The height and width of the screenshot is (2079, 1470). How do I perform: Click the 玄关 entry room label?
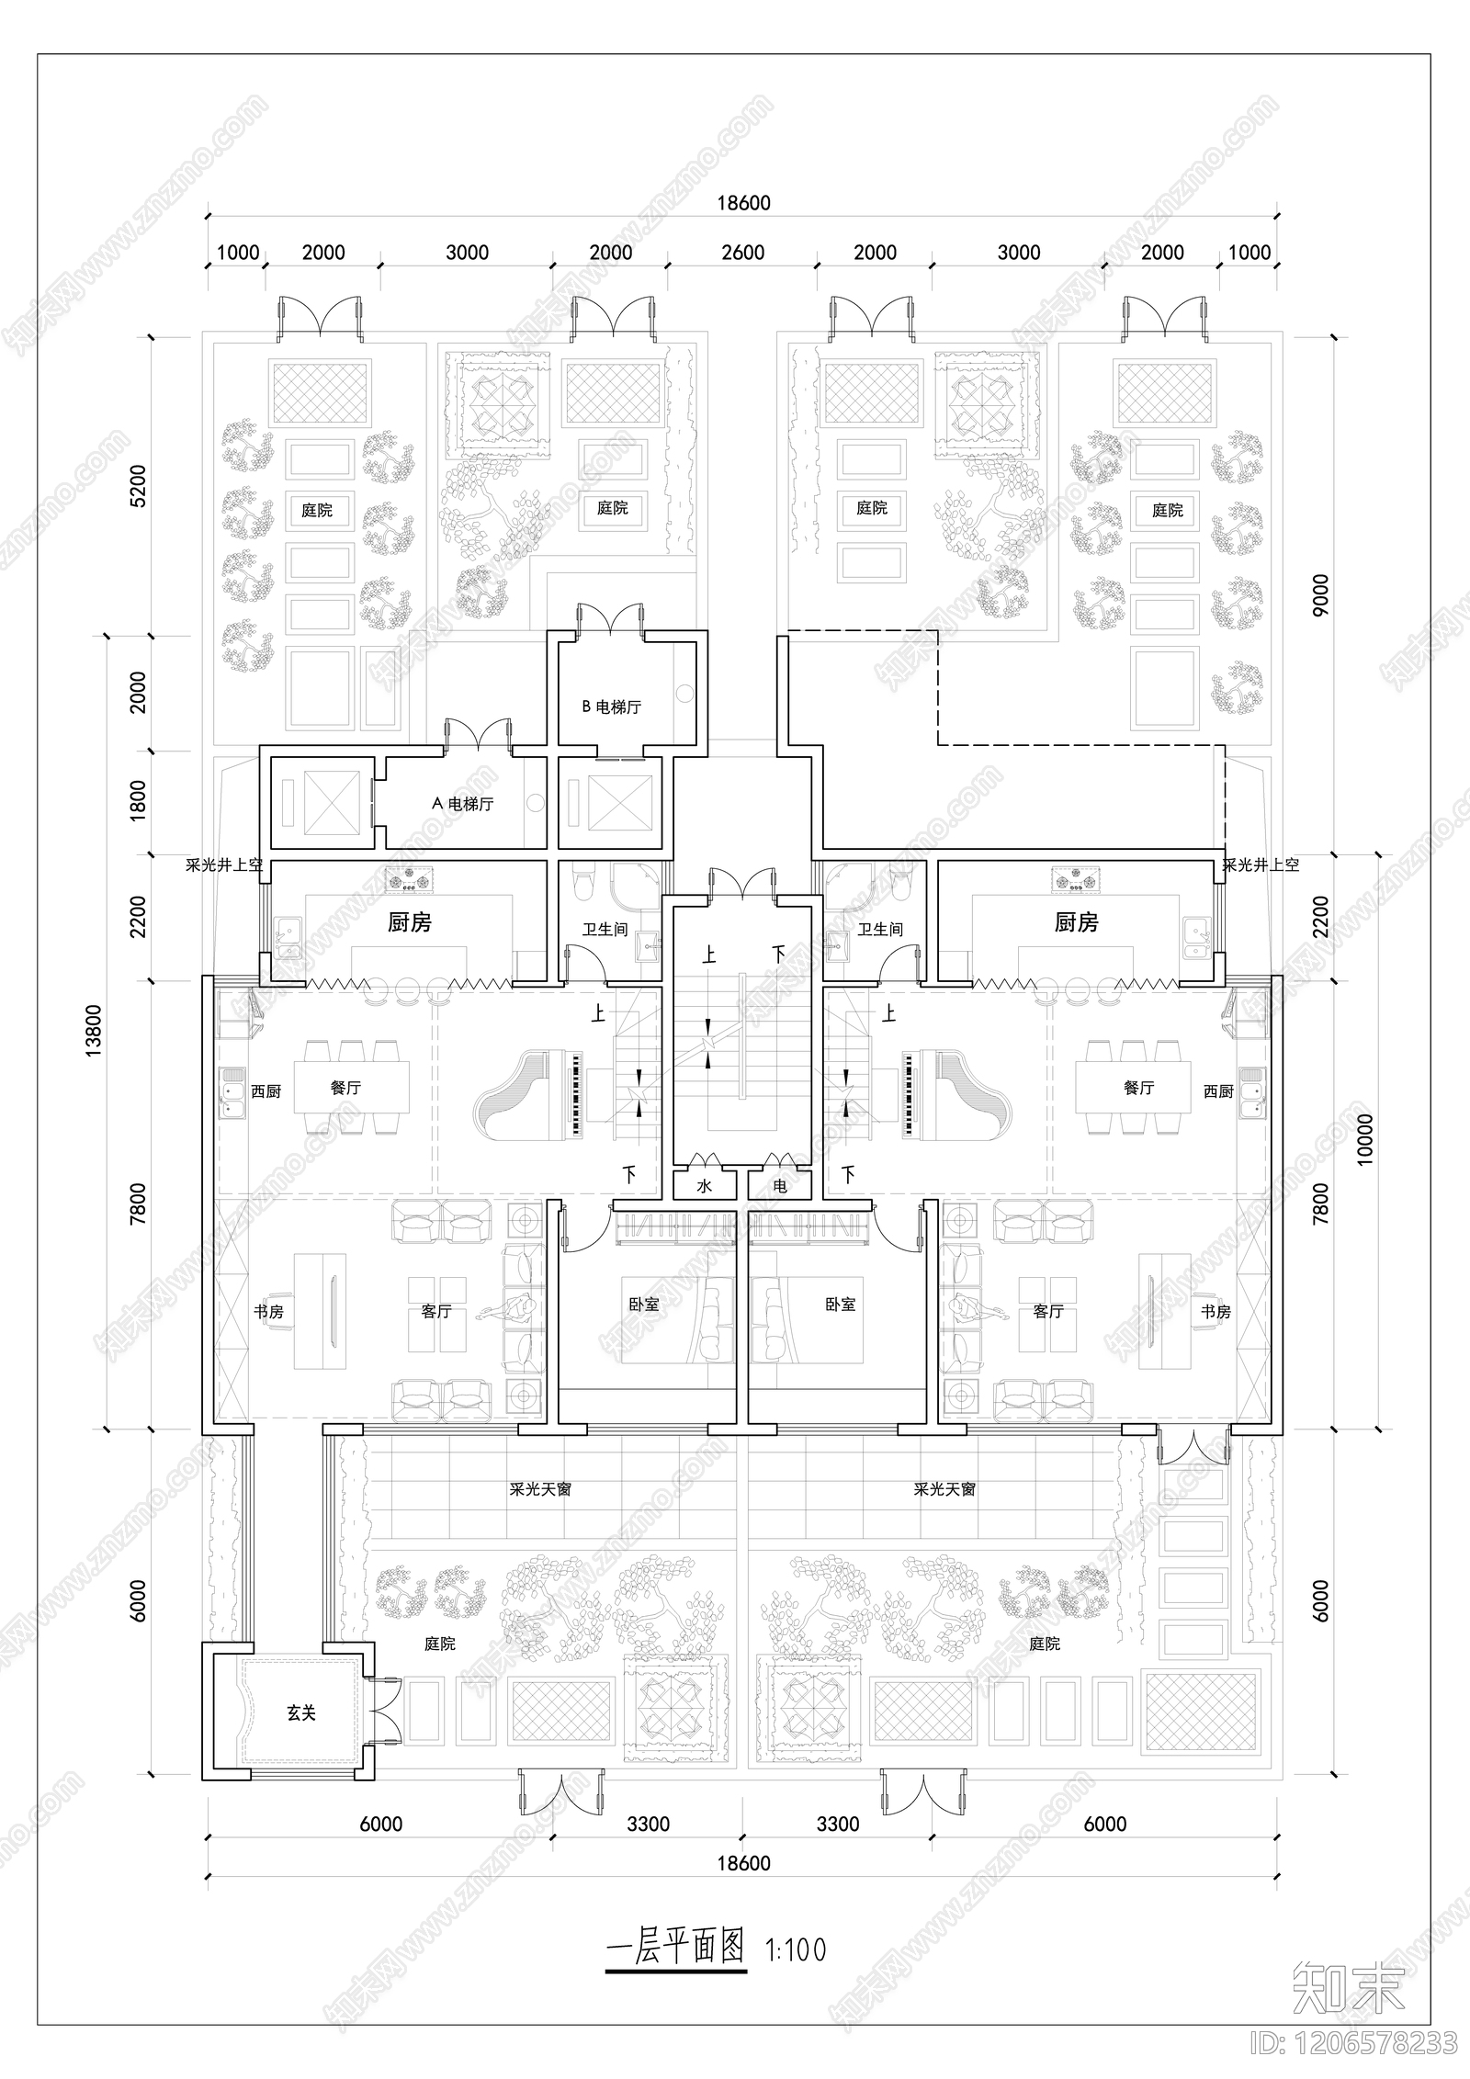pos(300,1713)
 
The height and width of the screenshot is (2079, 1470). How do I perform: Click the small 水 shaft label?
pos(704,1186)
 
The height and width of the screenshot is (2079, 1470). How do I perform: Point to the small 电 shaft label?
pos(780,1186)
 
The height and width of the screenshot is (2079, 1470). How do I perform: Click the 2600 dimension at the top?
pos(742,253)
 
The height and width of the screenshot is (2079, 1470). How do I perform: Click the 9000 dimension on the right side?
pos(1320,595)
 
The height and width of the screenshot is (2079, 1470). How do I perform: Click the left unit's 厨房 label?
pos(410,922)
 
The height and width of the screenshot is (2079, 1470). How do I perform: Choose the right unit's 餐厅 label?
pos(1138,1088)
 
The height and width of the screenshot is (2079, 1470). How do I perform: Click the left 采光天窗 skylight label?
pos(540,1489)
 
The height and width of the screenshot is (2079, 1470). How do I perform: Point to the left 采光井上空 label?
pos(224,864)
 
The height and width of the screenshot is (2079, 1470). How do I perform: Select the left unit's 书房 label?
pos(268,1312)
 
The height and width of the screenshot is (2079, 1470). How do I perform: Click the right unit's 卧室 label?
pos(840,1305)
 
